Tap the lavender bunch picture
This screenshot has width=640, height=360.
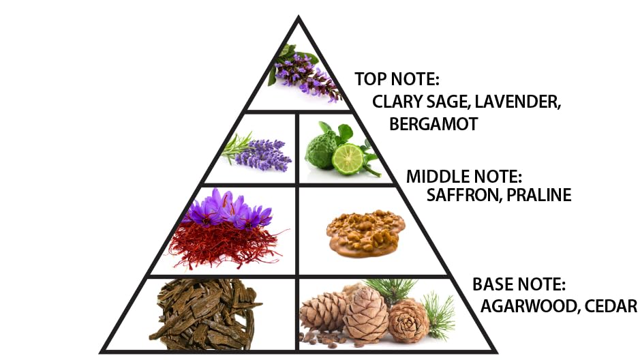coord(262,153)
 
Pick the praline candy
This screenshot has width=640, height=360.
coord(365,231)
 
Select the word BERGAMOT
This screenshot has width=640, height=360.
coord(434,124)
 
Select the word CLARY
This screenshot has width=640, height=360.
coord(395,102)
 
